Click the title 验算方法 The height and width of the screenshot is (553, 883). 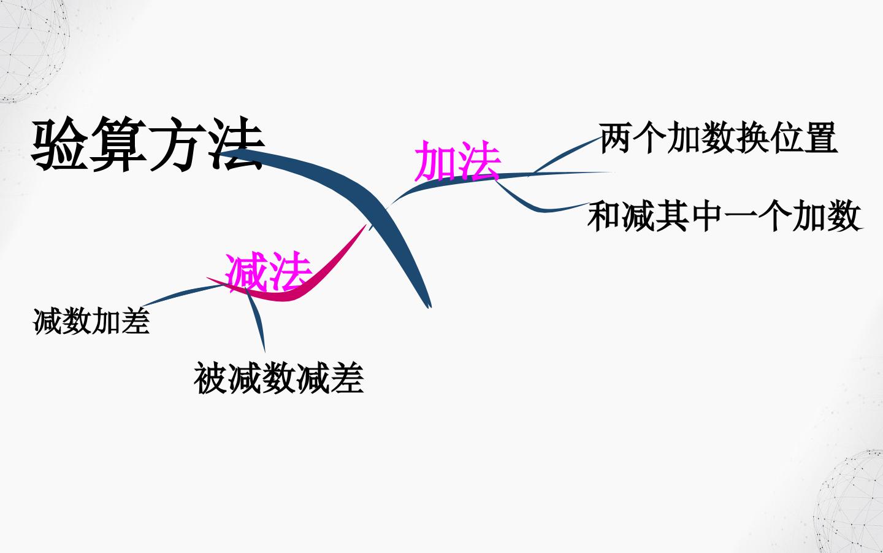point(148,144)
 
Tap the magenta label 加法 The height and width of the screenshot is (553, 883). point(457,161)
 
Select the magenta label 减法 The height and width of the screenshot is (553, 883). point(269,271)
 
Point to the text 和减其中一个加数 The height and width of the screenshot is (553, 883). point(725,216)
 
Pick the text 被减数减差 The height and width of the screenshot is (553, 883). point(278,378)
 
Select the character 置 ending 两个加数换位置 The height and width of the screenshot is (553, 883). point(821,138)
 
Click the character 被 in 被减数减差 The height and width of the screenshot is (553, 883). point(210,378)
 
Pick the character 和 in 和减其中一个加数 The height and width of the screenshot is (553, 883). point(605,216)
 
